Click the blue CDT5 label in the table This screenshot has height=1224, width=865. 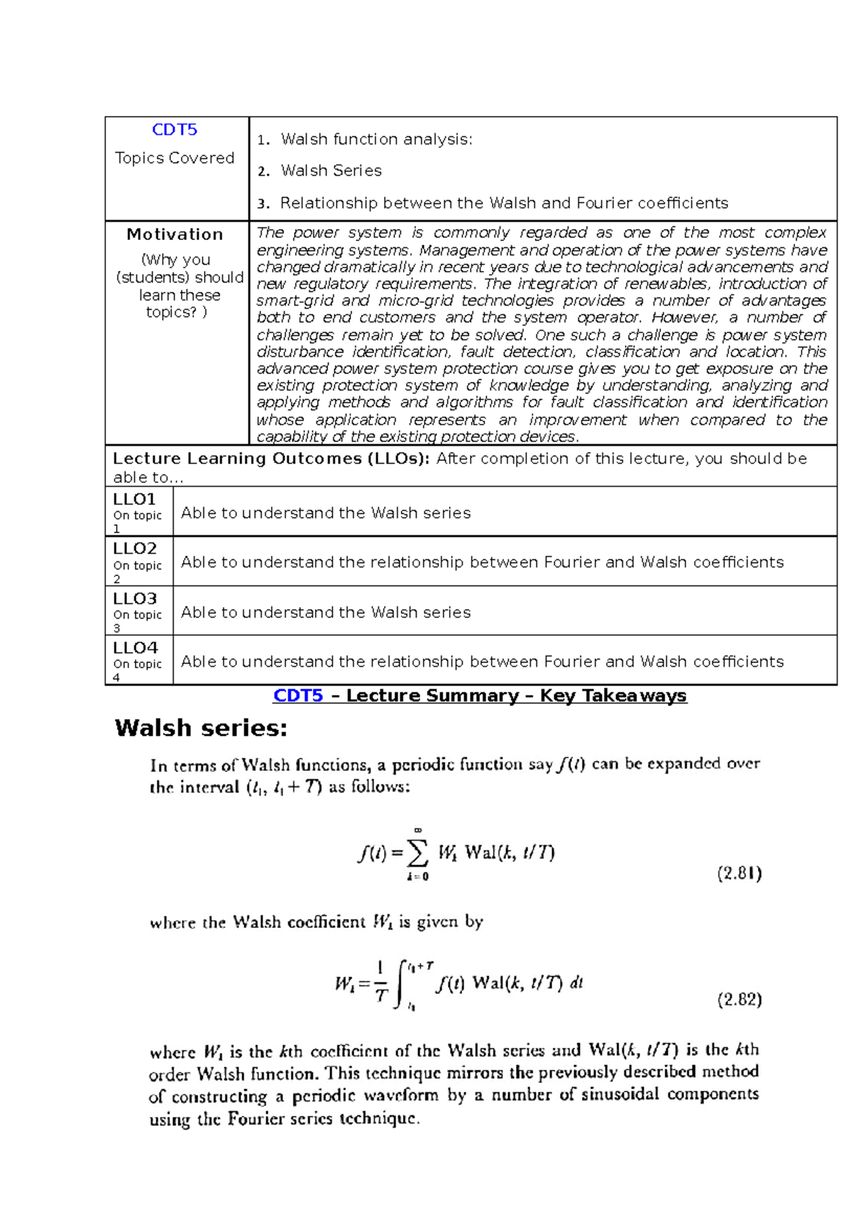[174, 130]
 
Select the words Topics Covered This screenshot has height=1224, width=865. [174, 158]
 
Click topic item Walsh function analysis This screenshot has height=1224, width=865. [376, 139]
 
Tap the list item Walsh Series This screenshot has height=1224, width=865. [331, 171]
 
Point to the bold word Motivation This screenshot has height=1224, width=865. [174, 234]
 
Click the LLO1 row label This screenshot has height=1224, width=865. [134, 499]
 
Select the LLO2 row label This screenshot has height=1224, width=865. [134, 549]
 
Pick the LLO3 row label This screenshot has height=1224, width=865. [134, 598]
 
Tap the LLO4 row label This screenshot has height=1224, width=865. [135, 647]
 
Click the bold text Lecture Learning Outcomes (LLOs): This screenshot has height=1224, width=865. [271, 458]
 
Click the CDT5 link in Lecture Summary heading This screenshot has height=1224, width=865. [298, 696]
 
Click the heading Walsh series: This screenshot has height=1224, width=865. [201, 728]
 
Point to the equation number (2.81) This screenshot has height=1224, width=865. [740, 874]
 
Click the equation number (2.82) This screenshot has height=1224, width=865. [740, 999]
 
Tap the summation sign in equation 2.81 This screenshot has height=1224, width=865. [417, 853]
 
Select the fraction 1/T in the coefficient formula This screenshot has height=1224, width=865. [381, 983]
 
